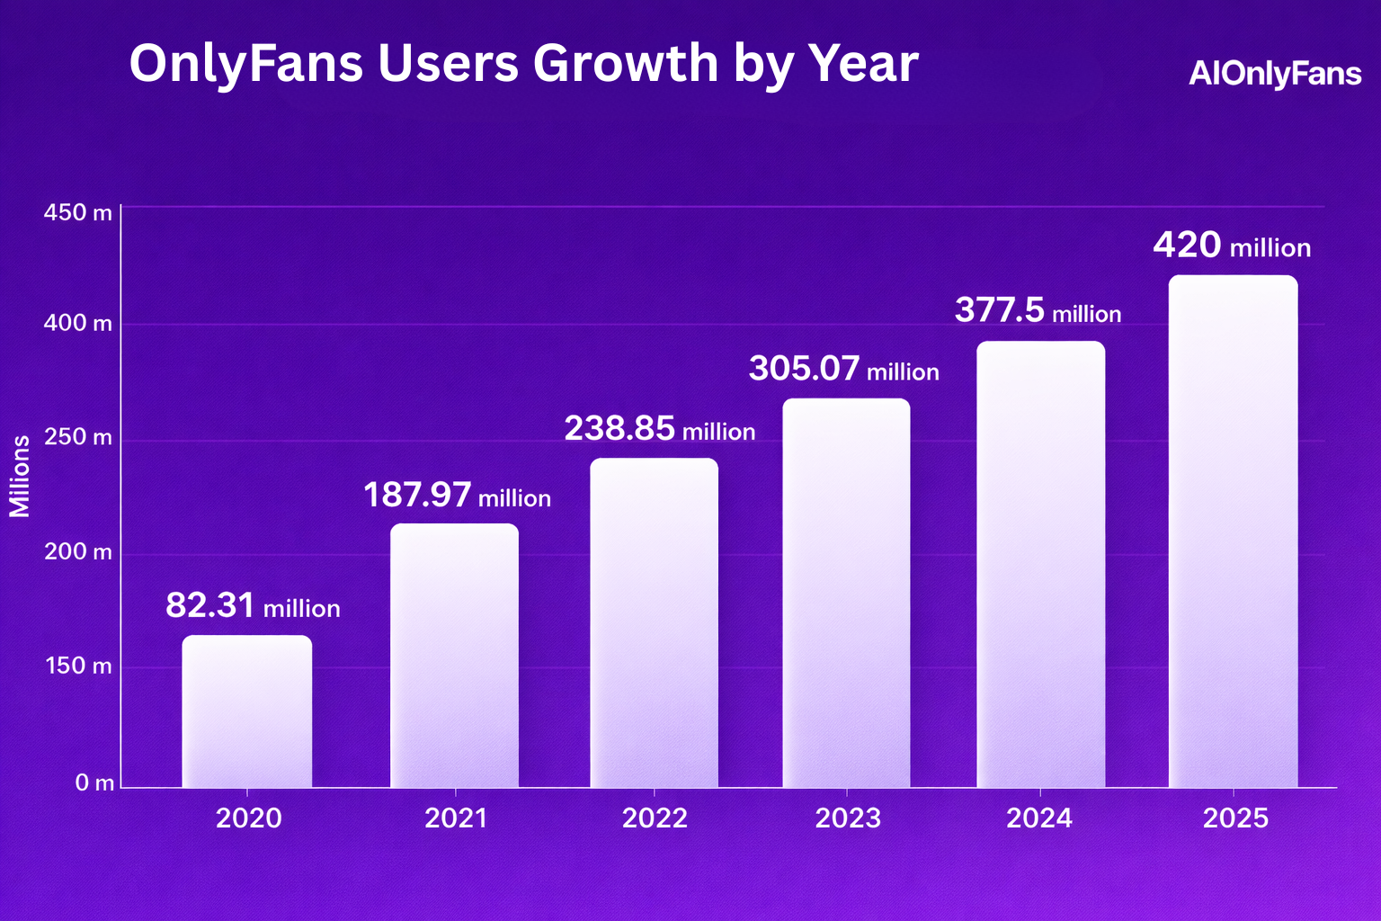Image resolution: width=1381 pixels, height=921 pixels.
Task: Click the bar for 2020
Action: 247,711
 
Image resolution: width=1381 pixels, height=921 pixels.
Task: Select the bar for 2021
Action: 454,656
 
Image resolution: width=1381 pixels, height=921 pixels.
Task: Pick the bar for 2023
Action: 846,593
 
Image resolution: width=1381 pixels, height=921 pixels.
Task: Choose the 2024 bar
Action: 1040,565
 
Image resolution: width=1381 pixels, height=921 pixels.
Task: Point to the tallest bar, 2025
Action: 1233,532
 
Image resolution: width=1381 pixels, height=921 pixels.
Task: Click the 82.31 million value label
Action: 253,606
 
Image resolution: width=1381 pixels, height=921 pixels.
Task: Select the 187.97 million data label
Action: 457,496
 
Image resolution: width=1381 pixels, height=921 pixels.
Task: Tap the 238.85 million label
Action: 659,429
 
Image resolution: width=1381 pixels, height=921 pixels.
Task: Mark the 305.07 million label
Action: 843,369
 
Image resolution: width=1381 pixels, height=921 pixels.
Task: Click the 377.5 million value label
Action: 1038,311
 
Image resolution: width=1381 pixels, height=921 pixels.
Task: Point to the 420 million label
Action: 1231,246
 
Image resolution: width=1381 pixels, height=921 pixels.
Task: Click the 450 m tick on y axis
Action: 78,213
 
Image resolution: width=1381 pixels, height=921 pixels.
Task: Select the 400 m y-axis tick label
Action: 78,324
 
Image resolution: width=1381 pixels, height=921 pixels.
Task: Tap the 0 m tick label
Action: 94,783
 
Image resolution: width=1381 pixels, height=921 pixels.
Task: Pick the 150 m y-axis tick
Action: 78,666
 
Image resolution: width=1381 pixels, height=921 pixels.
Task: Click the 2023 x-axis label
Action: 847,818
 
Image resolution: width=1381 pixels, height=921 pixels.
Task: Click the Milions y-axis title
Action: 20,476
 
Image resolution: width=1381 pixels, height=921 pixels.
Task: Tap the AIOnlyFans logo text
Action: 1274,74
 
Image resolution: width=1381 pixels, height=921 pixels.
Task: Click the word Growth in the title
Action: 625,64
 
